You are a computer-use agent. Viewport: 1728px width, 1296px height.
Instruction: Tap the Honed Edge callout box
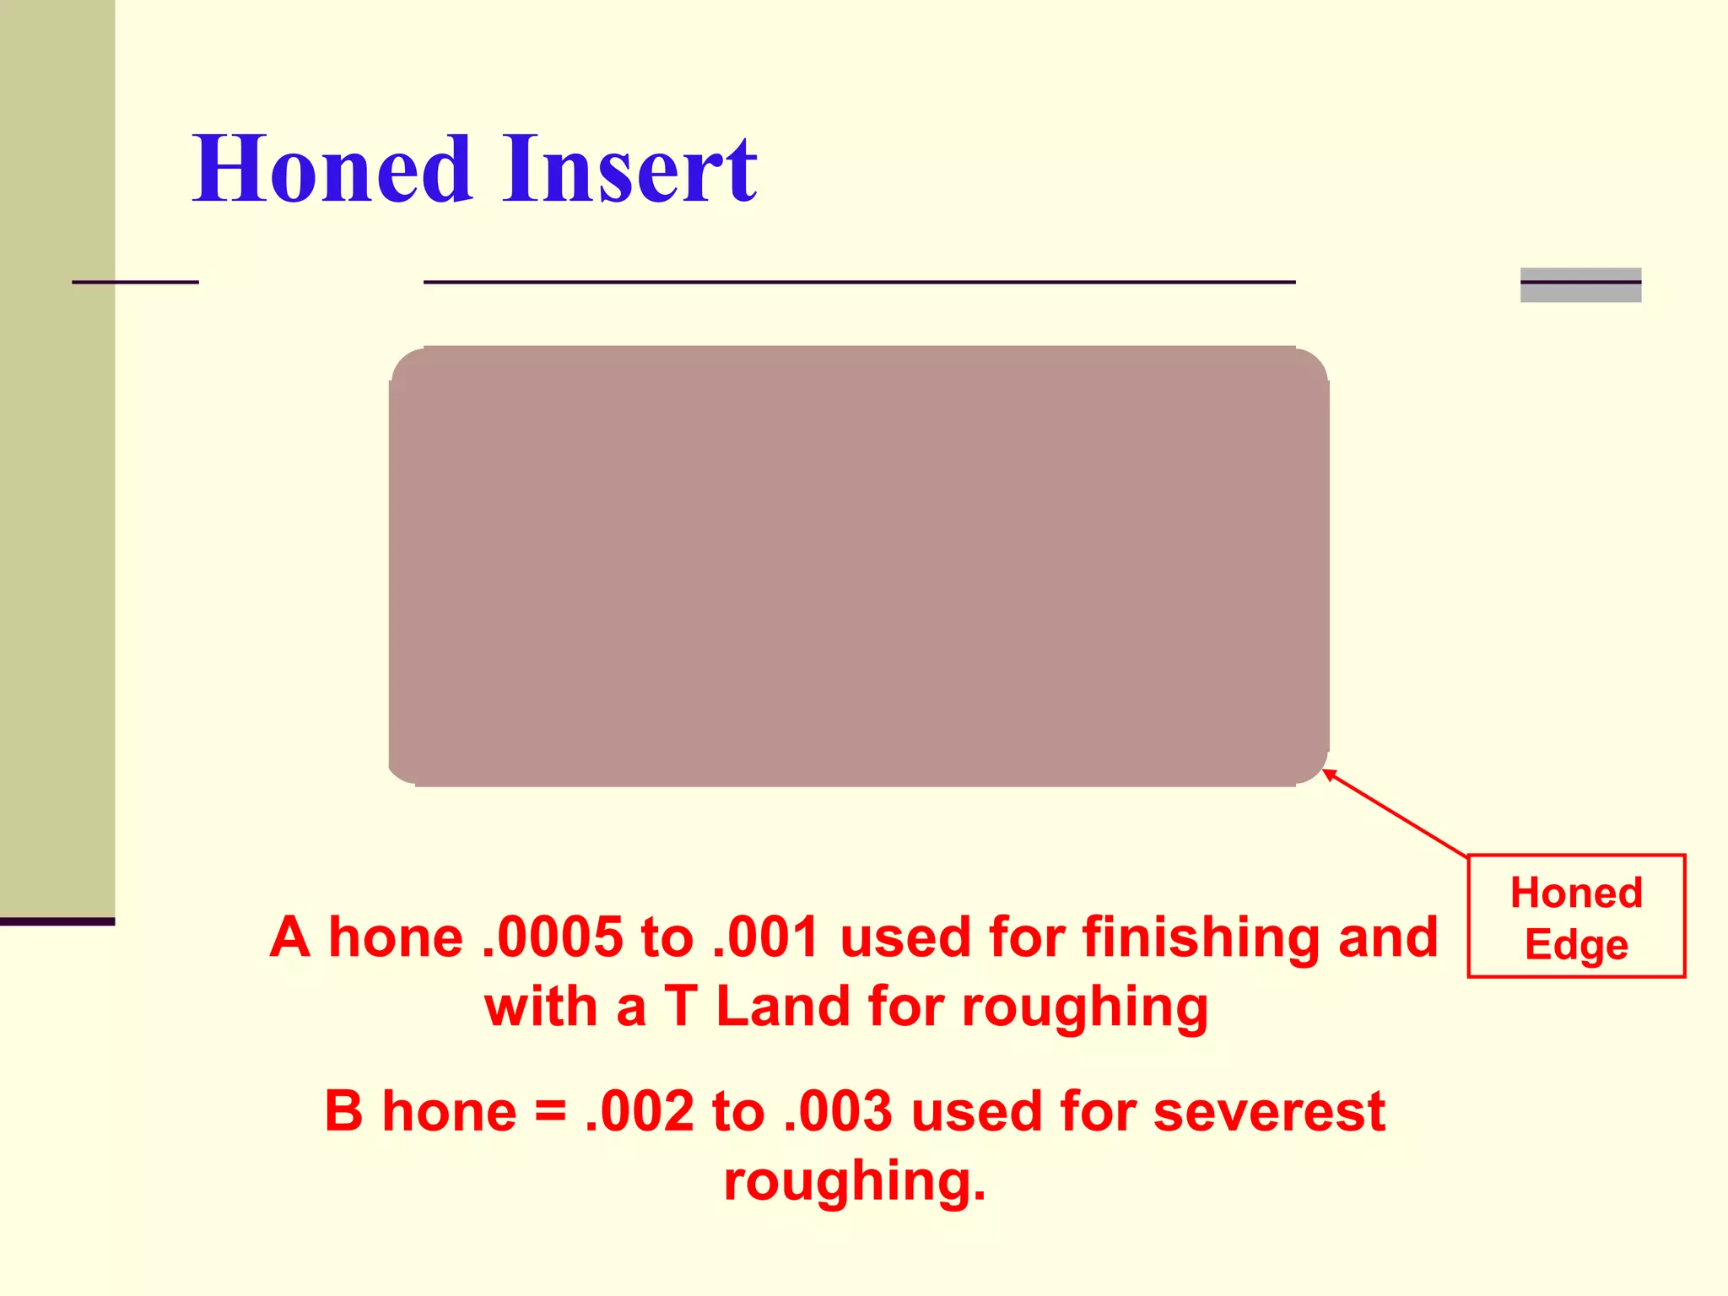click(1576, 916)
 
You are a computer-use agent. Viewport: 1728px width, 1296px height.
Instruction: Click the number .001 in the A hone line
click(766, 937)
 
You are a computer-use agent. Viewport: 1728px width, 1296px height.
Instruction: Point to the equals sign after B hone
click(550, 1111)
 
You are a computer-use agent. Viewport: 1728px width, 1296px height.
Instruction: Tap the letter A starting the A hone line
click(290, 937)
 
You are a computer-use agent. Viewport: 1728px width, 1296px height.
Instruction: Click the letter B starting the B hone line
click(343, 1111)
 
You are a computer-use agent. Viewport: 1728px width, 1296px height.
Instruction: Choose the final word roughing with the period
click(855, 1180)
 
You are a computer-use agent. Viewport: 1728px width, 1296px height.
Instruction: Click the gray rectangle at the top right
click(1580, 285)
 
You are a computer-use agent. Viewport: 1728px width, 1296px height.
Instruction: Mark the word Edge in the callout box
click(1576, 945)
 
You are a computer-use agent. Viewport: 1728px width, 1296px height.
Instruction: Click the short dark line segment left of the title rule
click(135, 282)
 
